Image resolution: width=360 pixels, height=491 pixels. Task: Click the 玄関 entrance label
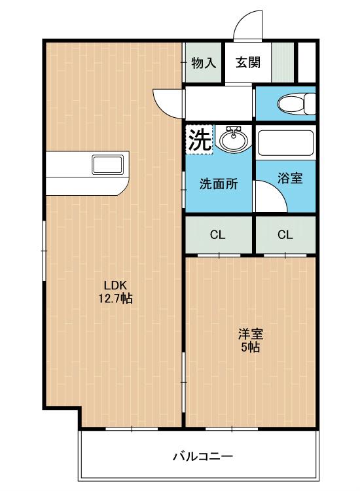(x=248, y=63)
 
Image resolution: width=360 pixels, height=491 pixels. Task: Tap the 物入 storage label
(x=204, y=63)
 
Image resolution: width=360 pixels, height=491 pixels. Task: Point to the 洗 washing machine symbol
(x=199, y=139)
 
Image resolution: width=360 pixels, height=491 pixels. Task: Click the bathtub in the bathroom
(x=285, y=143)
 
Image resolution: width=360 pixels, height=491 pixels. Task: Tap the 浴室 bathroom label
(x=289, y=178)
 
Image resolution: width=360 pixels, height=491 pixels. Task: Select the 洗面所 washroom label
(x=218, y=184)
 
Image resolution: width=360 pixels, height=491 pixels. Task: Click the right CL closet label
(x=285, y=235)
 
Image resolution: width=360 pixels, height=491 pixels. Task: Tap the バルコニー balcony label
(x=202, y=456)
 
